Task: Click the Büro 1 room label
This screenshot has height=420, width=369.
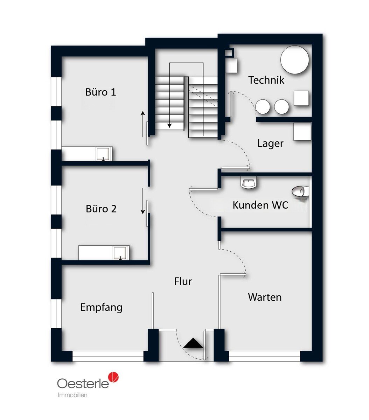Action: click(x=100, y=92)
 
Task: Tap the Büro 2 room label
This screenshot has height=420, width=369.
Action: click(x=101, y=209)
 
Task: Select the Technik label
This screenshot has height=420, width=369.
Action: click(x=266, y=80)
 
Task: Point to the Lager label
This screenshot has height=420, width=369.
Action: click(x=270, y=143)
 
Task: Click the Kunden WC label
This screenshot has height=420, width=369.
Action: click(x=260, y=205)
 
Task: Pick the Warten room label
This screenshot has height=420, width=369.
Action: click(x=265, y=297)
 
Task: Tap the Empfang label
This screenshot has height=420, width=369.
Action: click(x=101, y=307)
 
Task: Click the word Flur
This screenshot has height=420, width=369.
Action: click(x=183, y=281)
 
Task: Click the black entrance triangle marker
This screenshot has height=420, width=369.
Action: click(x=193, y=343)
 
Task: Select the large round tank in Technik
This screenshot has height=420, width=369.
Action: click(x=294, y=60)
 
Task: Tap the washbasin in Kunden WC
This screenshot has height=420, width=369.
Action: click(x=249, y=182)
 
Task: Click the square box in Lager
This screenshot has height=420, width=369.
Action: click(x=302, y=132)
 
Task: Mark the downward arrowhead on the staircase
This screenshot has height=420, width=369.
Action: click(x=169, y=126)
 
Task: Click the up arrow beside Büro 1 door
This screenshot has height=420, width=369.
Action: click(x=143, y=124)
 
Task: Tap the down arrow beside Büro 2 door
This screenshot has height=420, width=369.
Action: click(x=143, y=201)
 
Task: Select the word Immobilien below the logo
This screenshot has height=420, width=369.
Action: click(x=72, y=395)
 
